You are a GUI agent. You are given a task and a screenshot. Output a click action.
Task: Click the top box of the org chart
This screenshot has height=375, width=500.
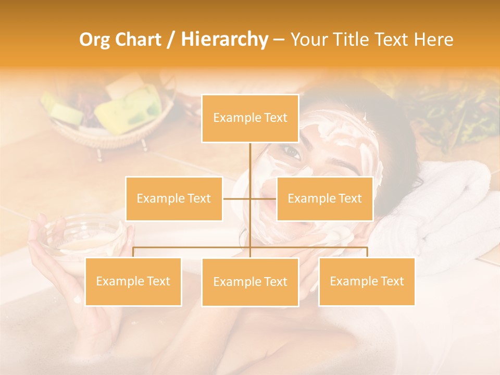click(250, 118)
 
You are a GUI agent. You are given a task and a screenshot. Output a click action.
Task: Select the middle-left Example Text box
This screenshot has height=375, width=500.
click(173, 198)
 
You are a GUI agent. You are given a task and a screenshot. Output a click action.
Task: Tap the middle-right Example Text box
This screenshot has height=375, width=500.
click(324, 198)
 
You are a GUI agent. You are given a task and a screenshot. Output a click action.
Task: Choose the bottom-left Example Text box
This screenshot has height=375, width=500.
click(133, 281)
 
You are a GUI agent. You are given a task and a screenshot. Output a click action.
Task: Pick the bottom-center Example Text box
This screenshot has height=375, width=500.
click(250, 282)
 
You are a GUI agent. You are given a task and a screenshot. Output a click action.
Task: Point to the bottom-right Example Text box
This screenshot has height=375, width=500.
click(367, 281)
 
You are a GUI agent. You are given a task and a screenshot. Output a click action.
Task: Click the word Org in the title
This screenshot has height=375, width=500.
click(96, 40)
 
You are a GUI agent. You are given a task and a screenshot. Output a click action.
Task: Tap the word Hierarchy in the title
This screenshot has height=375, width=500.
click(224, 40)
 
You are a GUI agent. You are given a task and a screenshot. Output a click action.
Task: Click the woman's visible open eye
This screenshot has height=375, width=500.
click(292, 153)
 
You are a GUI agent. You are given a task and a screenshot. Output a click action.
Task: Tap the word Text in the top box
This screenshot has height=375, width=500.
click(274, 118)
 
